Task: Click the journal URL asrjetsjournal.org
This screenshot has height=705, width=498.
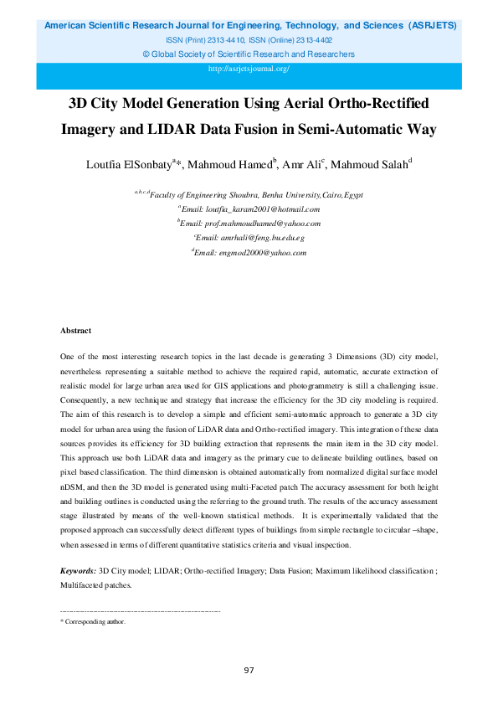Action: pos(249,68)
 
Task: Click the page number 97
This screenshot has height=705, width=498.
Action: pos(249,670)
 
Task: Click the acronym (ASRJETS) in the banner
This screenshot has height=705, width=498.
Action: pos(432,26)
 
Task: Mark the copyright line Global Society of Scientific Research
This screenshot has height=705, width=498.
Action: pos(249,54)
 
